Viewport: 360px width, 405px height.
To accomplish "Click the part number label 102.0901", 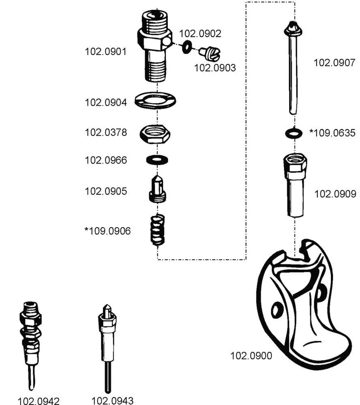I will [x=105, y=52].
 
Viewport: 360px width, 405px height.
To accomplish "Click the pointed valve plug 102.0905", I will [x=158, y=190].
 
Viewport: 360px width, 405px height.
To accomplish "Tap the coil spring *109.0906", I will [x=158, y=230].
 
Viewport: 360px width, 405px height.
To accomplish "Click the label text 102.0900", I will [x=251, y=356].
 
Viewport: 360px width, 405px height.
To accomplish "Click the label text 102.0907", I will [x=334, y=62].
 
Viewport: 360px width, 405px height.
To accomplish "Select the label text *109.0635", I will [x=332, y=132].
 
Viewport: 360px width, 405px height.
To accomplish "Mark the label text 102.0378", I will [x=105, y=132].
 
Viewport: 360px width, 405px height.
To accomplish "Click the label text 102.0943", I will [x=112, y=401].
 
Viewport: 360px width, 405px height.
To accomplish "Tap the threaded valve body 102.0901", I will [x=154, y=45].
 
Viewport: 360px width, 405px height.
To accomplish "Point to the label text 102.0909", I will [x=335, y=194].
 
